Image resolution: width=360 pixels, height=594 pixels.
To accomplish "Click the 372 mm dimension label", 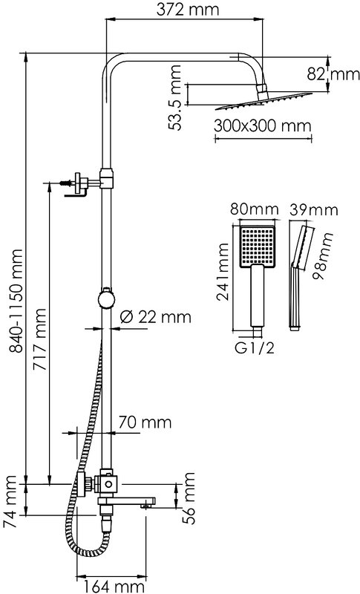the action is [187, 10].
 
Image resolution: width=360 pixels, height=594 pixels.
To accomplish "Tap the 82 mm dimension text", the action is [333, 74].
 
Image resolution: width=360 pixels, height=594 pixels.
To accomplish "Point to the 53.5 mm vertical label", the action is [175, 97].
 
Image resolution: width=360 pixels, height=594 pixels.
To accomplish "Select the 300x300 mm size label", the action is [262, 125].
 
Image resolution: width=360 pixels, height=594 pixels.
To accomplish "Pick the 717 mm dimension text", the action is [39, 339].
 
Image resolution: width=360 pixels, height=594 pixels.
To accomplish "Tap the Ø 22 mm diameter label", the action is [155, 317].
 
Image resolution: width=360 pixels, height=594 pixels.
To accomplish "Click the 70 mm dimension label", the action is [145, 422].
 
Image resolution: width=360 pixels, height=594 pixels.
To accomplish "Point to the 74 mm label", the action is [10, 502].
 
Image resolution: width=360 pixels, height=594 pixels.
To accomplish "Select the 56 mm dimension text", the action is [188, 498].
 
